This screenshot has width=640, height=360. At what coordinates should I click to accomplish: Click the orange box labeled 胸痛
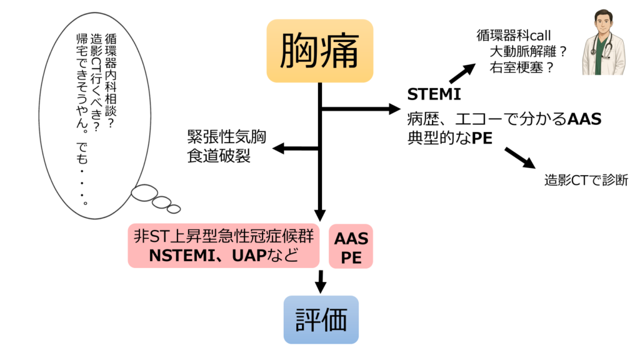[x=319, y=51]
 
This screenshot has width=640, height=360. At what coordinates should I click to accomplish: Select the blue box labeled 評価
[x=321, y=319]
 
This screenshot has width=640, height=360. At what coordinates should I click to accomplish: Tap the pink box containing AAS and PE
[x=351, y=247]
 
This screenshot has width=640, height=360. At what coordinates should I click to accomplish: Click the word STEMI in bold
[x=434, y=94]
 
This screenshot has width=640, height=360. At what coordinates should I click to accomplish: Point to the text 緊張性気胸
[x=226, y=137]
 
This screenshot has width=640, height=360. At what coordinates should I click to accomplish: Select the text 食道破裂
[x=218, y=156]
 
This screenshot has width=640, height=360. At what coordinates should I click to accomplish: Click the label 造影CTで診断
[x=586, y=181]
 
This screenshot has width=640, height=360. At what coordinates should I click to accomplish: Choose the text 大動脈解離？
[x=527, y=51]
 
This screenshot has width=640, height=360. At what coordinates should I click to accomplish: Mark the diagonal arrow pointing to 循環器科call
[x=462, y=72]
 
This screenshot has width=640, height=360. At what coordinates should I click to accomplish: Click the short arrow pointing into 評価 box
[x=321, y=281]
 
